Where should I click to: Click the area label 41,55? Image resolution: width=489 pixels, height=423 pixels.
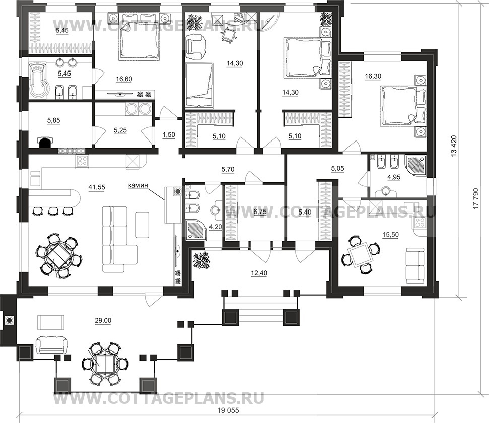tap(97, 187)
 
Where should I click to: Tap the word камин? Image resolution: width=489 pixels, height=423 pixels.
tap(137, 185)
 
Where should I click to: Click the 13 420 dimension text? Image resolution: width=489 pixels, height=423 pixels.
tap(454, 146)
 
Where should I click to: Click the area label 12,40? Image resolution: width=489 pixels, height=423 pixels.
tap(259, 273)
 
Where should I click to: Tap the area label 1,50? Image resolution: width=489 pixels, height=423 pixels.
tap(169, 135)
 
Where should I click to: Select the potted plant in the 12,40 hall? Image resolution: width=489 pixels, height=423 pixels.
tap(202, 261)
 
